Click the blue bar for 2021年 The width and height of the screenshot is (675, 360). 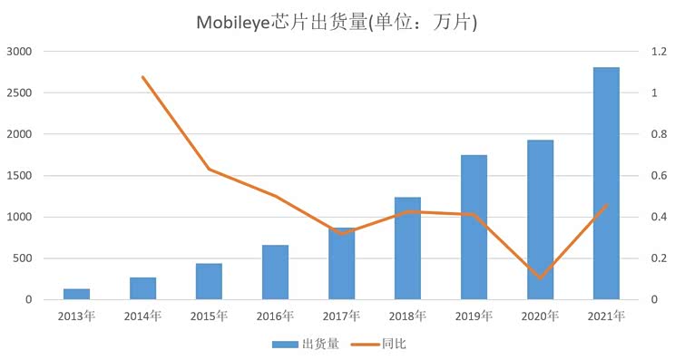pos(606,183)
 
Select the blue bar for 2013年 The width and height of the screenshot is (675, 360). pos(76,294)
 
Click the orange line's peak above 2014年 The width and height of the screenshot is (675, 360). pos(143,77)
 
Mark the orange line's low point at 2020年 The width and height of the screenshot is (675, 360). pos(540,277)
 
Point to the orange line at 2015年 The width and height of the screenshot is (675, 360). pos(209,169)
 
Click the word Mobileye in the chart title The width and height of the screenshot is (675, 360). pos(233,22)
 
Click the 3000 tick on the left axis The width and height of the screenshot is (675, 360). pos(19,52)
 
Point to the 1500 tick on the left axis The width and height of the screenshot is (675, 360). pos(19,176)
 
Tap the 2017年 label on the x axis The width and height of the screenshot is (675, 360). pos(341,316)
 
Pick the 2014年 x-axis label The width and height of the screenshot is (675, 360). pos(143,316)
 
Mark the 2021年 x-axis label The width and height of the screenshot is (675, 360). pos(606,316)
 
